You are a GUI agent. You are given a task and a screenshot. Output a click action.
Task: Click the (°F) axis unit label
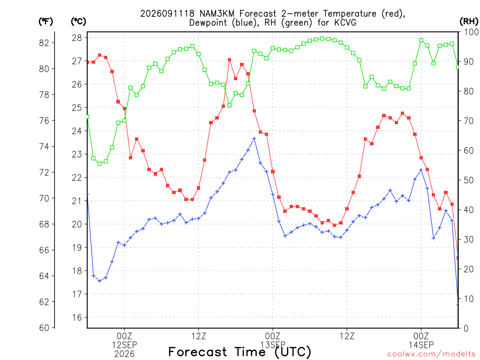click(45, 22)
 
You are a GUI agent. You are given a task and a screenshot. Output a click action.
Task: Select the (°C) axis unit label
click(78, 22)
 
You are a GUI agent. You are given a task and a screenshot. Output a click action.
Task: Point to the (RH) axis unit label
click(469, 22)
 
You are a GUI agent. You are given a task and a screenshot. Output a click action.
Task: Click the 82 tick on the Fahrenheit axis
click(44, 43)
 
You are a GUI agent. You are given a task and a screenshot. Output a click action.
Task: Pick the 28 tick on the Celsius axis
click(77, 37)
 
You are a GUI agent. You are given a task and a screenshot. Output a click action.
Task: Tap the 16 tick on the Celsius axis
click(77, 317)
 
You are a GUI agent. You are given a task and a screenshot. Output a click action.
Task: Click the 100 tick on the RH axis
click(471, 32)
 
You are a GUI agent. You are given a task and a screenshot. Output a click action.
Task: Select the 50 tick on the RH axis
click(469, 180)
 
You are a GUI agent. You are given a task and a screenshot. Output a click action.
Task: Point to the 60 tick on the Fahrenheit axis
click(44, 328)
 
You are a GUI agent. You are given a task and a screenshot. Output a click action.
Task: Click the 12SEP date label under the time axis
click(124, 345)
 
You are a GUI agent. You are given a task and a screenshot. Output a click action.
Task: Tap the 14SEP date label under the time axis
click(421, 345)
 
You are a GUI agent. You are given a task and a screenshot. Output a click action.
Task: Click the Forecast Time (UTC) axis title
click(240, 352)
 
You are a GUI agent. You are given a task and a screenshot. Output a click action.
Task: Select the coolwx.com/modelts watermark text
click(432, 354)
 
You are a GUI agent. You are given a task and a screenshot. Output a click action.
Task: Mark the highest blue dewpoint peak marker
click(254, 139)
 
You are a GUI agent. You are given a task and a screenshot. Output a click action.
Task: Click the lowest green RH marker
click(99, 164)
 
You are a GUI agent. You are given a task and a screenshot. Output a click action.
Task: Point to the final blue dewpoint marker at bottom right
click(457, 305)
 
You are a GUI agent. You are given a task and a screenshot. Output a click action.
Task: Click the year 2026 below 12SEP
click(124, 354)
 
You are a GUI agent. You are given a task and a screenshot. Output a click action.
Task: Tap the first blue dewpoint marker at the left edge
click(88, 194)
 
